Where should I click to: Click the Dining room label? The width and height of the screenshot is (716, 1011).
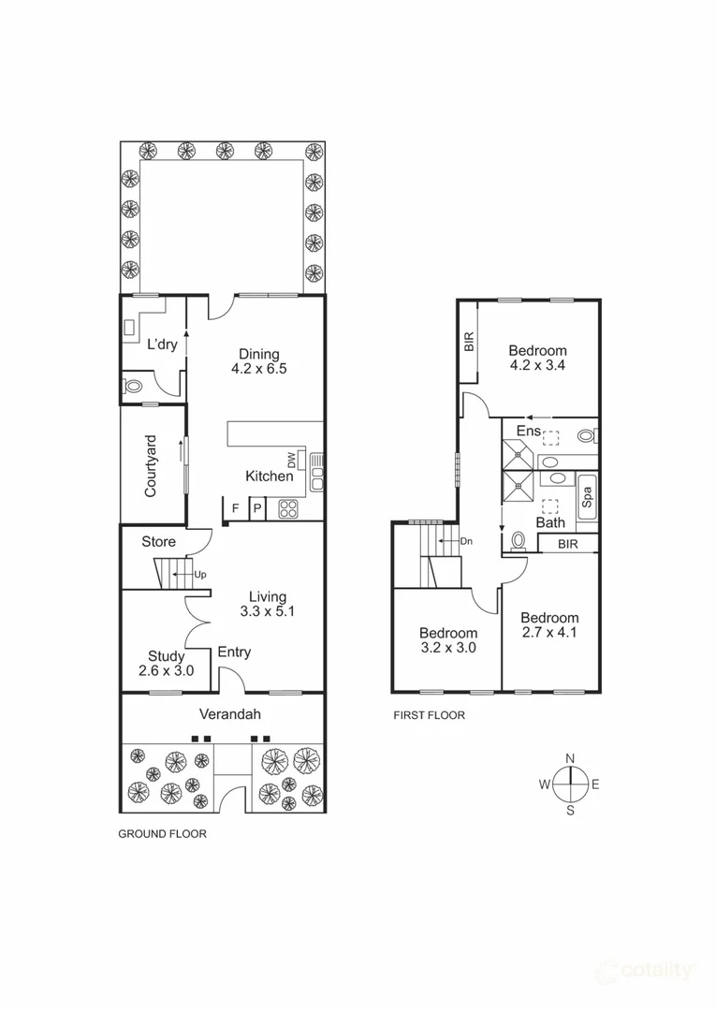point(258,361)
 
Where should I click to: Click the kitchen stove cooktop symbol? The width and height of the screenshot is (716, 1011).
point(287,509)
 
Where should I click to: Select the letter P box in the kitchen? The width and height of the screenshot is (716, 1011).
point(256,510)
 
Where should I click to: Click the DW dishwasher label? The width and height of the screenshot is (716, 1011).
point(291,460)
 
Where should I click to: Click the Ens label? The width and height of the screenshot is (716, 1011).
point(529,432)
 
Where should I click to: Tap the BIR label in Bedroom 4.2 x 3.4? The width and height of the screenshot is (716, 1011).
point(469,343)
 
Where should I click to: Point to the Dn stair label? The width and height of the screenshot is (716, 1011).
point(466,542)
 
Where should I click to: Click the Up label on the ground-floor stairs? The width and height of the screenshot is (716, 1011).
point(200,575)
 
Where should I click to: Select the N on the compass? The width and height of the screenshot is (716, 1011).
point(570,758)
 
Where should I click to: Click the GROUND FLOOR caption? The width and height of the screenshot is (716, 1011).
point(162,833)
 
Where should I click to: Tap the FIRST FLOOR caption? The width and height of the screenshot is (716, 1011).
point(429,715)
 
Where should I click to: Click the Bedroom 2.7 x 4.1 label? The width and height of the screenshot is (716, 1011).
point(549,625)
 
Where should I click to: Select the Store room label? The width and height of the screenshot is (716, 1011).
point(158,542)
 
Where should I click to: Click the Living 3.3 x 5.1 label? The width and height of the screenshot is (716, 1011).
point(268,604)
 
